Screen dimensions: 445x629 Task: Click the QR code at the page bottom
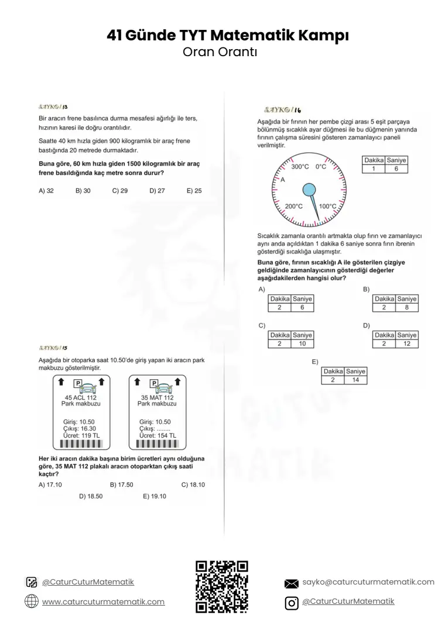[222, 586]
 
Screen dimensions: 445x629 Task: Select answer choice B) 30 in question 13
[83, 191]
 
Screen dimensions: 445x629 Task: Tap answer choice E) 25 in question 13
[194, 191]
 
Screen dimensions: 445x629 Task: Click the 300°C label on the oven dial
[300, 167]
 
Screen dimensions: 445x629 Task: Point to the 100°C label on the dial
[327, 206]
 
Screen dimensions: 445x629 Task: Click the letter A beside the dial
[282, 180]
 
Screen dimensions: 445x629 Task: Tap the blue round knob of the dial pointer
[309, 190]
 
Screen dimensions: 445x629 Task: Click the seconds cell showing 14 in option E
[355, 380]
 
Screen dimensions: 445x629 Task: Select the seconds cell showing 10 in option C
[302, 344]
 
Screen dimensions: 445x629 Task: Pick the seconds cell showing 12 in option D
[407, 344]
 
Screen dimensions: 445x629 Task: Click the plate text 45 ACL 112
[81, 397]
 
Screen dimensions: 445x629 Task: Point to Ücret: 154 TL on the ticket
[158, 436]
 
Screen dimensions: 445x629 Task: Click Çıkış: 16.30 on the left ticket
[80, 429]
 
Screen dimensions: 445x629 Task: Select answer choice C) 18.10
[193, 485]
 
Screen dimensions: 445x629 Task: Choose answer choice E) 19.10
[155, 497]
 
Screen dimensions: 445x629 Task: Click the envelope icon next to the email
[292, 584]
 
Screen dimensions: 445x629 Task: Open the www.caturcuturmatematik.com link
[103, 601]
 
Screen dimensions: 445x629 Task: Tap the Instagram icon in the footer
[292, 603]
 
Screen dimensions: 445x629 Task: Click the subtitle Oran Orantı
[220, 52]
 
